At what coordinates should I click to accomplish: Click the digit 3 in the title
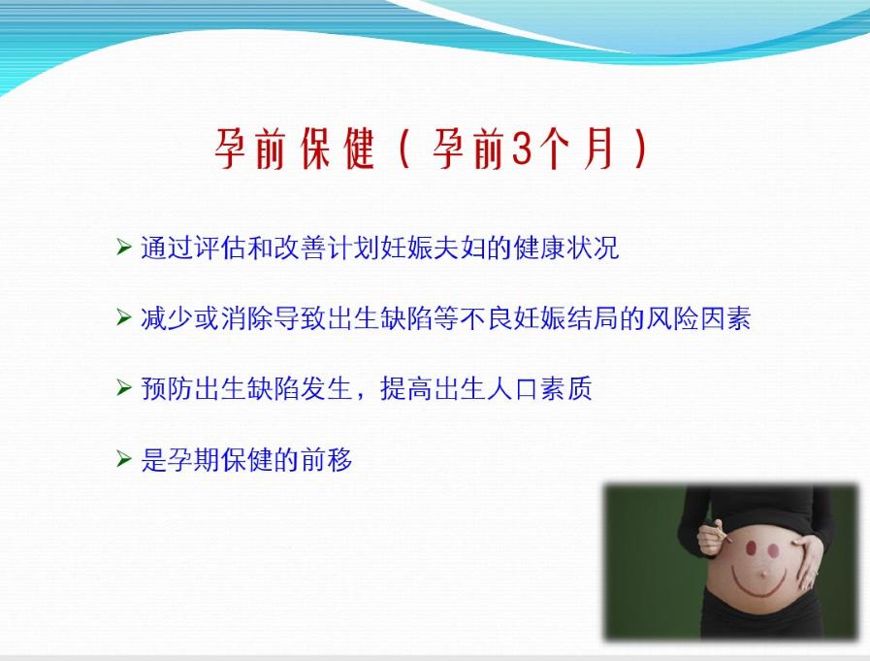pos(520,151)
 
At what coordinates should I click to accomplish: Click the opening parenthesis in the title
pos(404,151)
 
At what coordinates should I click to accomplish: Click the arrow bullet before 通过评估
pos(123,248)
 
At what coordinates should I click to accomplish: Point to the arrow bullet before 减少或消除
pos(123,317)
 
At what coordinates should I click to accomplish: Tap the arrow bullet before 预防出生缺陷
pos(123,388)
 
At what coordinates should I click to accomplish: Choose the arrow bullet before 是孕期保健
pos(123,459)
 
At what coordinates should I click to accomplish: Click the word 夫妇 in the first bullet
pos(452,248)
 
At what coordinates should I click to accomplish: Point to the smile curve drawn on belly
pos(761,586)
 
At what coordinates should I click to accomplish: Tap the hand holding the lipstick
pos(710,537)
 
